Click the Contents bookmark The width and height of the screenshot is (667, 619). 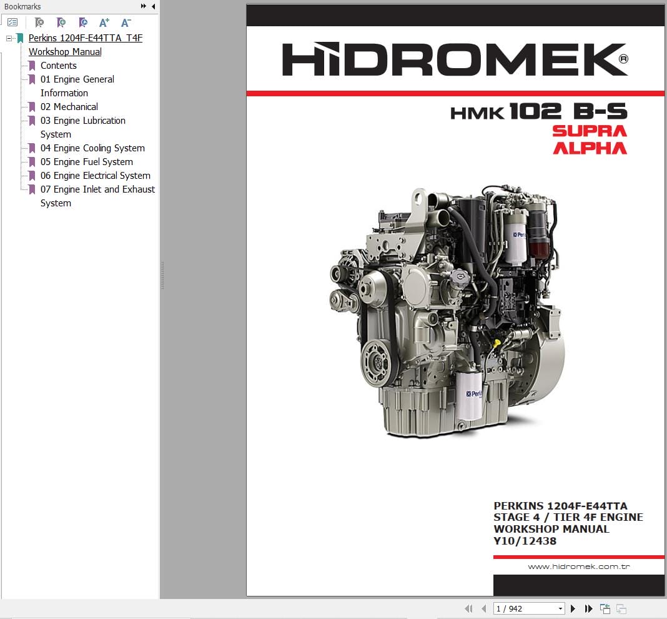[58, 66]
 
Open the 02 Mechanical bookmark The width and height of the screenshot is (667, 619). [69, 107]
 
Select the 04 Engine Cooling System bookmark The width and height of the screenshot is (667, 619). [92, 148]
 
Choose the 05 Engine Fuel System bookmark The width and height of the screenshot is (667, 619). [86, 162]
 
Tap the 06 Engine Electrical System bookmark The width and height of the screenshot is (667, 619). [95, 176]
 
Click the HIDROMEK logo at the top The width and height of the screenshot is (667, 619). [455, 60]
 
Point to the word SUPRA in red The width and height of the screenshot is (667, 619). [589, 131]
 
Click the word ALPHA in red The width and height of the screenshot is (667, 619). [590, 148]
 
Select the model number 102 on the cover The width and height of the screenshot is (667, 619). [536, 112]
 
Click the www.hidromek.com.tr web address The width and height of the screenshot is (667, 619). [578, 566]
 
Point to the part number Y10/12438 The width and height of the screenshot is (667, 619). [525, 541]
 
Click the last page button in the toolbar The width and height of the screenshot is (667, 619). [588, 608]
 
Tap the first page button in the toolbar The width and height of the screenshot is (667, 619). [468, 608]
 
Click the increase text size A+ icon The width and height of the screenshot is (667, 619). [104, 23]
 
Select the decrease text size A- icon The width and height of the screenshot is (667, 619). [126, 23]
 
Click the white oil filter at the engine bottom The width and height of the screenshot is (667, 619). [469, 395]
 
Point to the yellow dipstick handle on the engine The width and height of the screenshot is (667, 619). [497, 343]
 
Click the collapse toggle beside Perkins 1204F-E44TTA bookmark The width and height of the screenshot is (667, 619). [9, 38]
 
